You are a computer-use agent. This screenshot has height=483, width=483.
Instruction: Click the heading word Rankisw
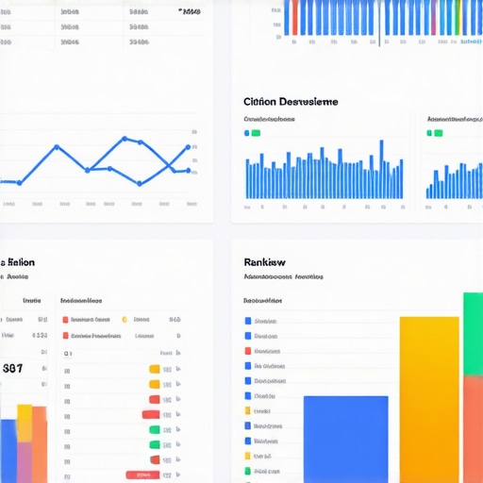pos(265,261)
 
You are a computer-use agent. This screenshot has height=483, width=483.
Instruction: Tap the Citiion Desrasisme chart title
pos(291,101)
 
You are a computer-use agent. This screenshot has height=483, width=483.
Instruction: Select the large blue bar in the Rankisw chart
pos(345,439)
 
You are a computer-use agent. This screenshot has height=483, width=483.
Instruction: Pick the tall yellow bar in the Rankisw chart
pos(429,396)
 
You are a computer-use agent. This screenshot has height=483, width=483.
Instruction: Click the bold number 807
pos(13,369)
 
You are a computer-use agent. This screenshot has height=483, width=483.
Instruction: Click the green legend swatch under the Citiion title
pos(256,133)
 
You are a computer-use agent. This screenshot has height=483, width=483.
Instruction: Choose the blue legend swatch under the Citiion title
pos(247,133)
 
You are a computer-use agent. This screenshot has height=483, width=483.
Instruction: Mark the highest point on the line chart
pos(125,139)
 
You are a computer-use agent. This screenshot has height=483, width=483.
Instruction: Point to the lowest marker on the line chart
pos(139,182)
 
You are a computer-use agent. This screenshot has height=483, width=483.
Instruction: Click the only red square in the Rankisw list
pos(248,351)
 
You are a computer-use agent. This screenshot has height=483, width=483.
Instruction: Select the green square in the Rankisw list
pos(248,470)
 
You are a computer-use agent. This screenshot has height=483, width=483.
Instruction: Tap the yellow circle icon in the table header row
pos(125,319)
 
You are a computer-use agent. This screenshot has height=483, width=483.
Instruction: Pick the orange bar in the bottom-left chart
pos(40,443)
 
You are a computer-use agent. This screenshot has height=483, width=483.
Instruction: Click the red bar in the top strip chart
pos(295,17)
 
